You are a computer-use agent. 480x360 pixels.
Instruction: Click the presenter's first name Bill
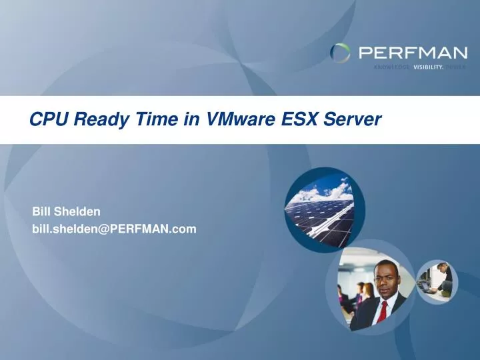click(x=41, y=211)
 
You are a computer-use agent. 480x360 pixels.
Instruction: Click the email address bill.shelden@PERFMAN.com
click(x=115, y=229)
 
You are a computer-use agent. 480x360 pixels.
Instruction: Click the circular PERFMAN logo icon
click(x=341, y=53)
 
